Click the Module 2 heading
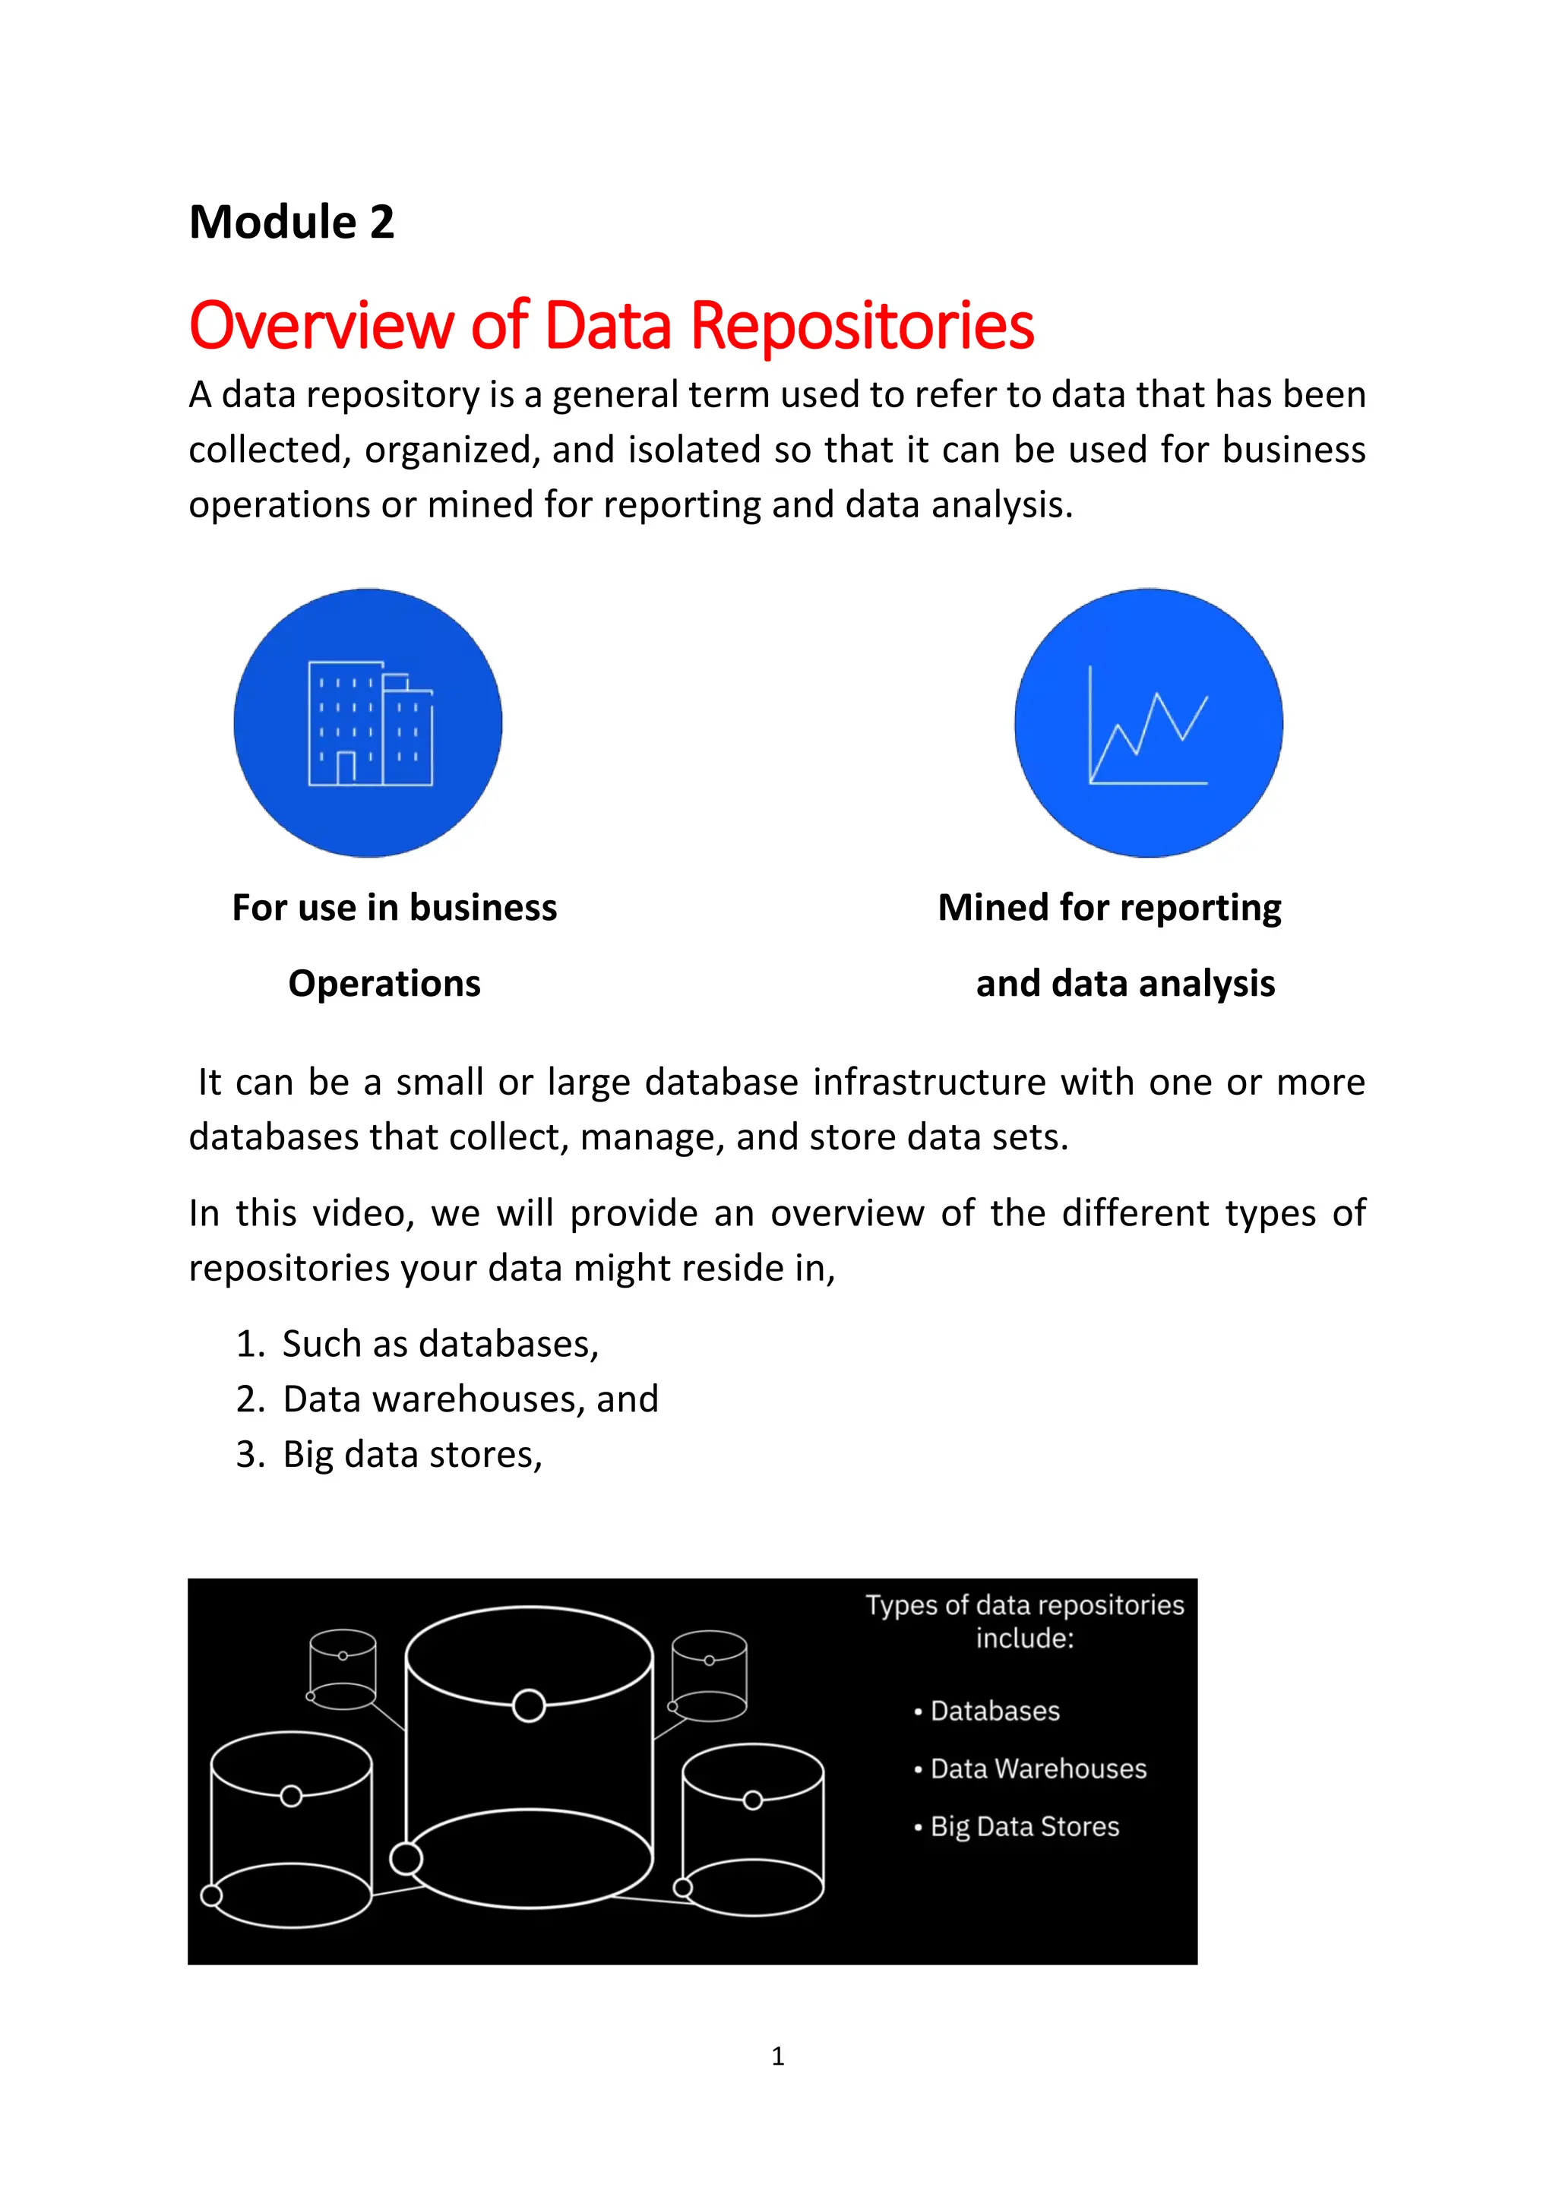click(x=291, y=223)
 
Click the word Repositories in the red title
click(x=862, y=326)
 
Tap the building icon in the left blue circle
click(x=370, y=723)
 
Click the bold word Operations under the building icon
click(x=384, y=984)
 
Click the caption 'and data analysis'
click(x=1125, y=984)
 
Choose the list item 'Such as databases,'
click(x=440, y=1345)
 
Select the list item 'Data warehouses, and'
click(x=470, y=1400)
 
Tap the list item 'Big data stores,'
click(x=412, y=1455)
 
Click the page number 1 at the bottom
click(x=777, y=2056)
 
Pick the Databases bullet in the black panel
click(x=995, y=1712)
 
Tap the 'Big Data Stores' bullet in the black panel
click(x=1024, y=1827)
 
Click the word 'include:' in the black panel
click(x=1024, y=1639)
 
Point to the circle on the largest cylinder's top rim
click(x=529, y=1705)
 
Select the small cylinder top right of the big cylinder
click(x=709, y=1675)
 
